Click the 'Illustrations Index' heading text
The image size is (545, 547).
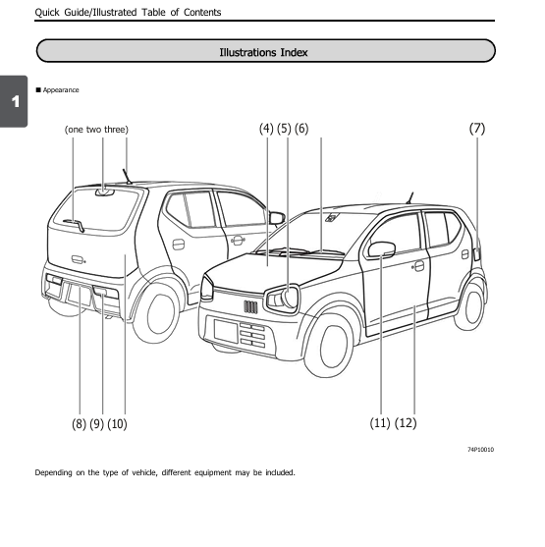[264, 51]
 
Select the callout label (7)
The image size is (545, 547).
[477, 129]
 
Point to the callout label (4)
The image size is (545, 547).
[266, 129]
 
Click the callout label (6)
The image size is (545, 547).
[300, 129]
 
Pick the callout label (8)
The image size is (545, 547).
[79, 423]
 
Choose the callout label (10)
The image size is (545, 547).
[117, 423]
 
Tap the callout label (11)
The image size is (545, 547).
[380, 423]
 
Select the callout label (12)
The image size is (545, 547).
[406, 423]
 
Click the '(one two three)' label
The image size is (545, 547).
[96, 129]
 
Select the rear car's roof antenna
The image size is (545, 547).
[127, 176]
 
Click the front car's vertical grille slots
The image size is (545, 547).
[250, 307]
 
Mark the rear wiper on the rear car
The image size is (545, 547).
[75, 225]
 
